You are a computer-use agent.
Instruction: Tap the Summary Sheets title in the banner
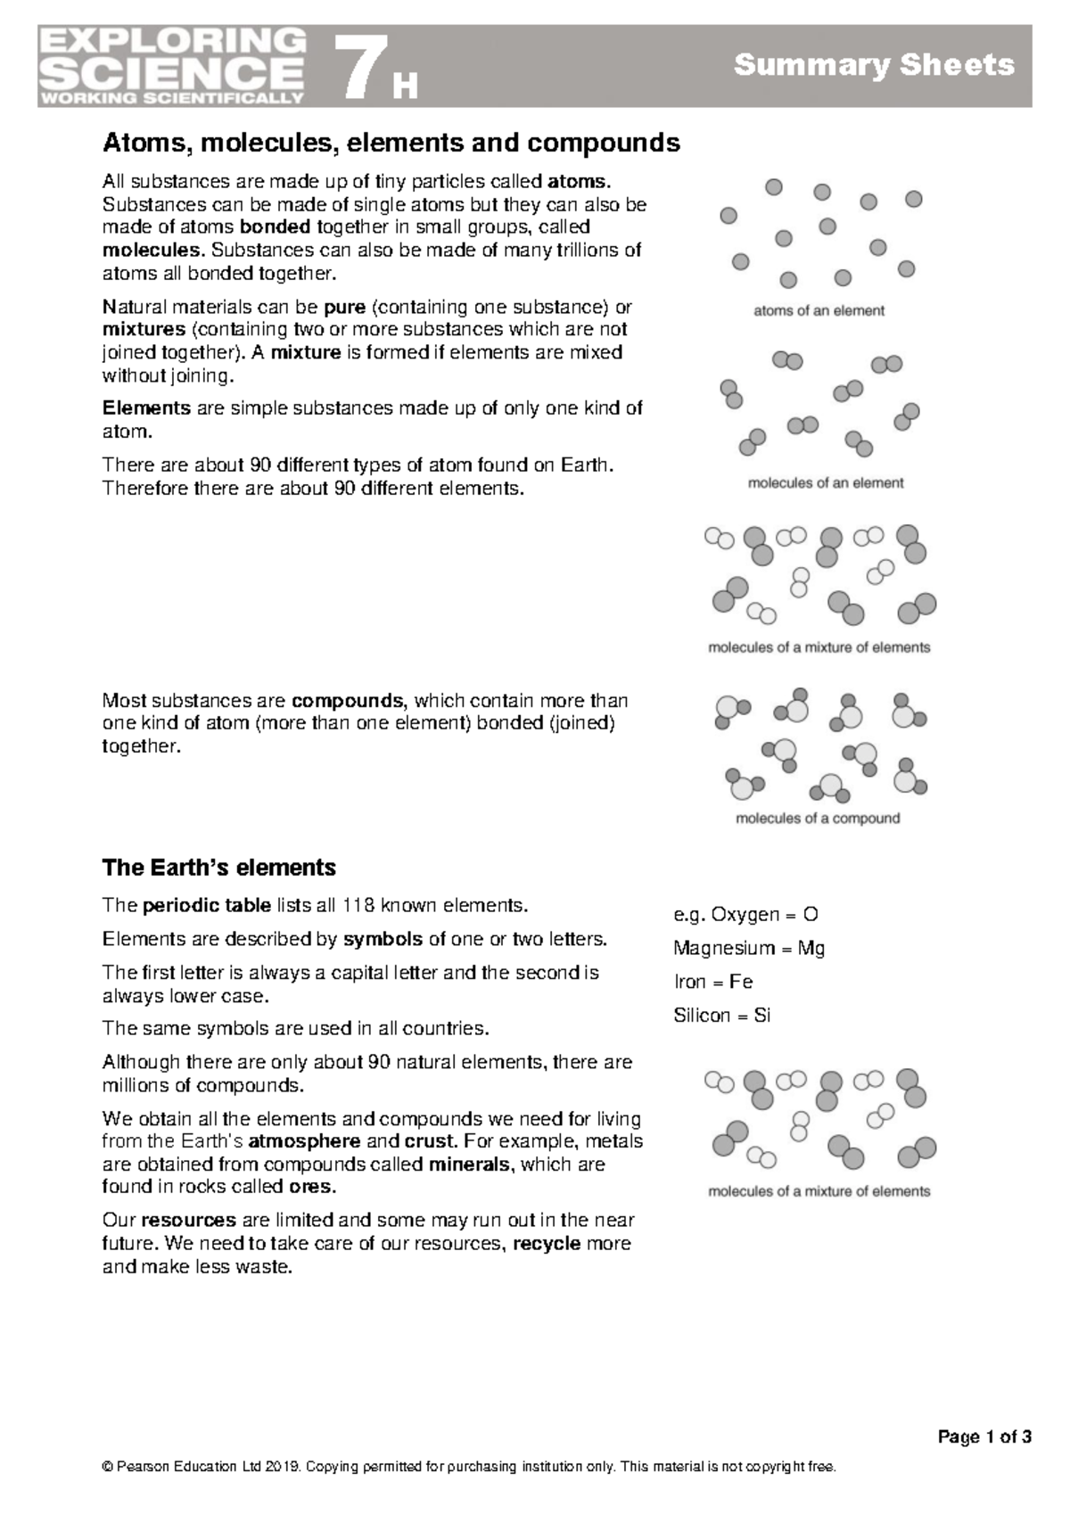coord(873,65)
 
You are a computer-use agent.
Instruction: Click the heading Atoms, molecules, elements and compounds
coord(391,143)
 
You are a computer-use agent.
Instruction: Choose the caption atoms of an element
coord(819,311)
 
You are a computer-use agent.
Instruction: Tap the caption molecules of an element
coord(825,483)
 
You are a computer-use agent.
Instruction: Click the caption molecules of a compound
coord(817,819)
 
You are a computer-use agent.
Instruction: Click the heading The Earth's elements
coord(218,868)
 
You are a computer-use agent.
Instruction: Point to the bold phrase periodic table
coord(207,906)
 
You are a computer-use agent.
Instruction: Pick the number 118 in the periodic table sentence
coord(358,906)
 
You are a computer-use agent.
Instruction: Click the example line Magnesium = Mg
coord(749,949)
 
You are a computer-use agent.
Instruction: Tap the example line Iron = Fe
coord(712,983)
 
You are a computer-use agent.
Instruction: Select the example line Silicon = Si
coord(721,1016)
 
